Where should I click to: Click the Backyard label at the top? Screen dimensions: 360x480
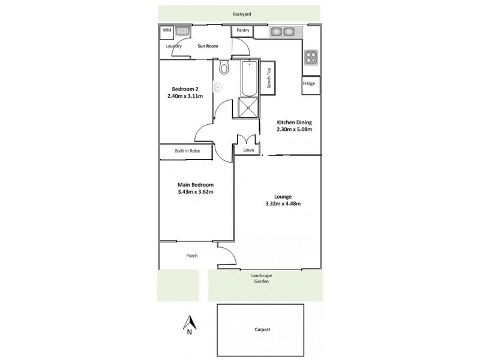click(x=240, y=13)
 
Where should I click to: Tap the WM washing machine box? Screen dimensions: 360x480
click(x=166, y=30)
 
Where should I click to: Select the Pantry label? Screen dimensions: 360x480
click(x=243, y=29)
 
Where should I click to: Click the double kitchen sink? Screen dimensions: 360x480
click(x=282, y=31)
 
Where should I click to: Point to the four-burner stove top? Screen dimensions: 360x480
click(x=311, y=57)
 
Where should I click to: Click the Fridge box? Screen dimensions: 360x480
click(x=309, y=84)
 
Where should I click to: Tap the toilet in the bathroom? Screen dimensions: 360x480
click(x=224, y=67)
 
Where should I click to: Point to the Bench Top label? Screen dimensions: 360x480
click(x=269, y=76)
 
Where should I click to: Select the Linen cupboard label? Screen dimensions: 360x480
click(x=248, y=151)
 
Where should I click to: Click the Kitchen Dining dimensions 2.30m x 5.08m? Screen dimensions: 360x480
click(x=294, y=129)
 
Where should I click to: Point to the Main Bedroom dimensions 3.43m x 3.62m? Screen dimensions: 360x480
click(x=196, y=192)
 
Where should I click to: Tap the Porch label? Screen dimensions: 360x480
click(x=192, y=256)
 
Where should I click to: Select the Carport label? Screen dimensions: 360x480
click(x=261, y=330)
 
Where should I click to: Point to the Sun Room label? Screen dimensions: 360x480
click(x=208, y=46)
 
